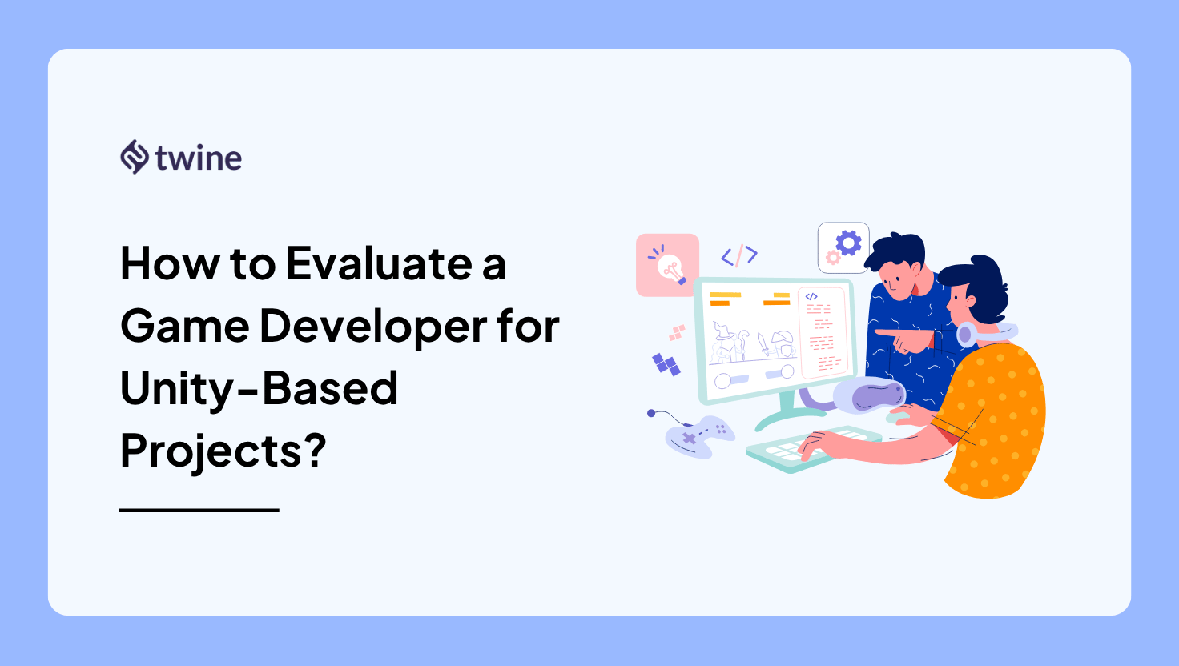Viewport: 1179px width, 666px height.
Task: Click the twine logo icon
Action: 135,157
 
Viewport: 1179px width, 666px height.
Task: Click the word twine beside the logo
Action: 199,158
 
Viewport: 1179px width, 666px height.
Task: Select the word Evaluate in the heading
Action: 379,264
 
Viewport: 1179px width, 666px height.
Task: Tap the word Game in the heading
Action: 184,327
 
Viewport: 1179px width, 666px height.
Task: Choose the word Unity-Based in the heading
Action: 259,389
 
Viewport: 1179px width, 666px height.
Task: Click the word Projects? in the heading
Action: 223,451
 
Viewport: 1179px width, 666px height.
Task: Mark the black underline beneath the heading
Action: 199,510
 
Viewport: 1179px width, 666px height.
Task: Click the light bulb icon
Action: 670,267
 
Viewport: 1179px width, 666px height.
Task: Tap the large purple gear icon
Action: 848,242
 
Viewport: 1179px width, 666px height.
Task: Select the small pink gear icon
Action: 833,258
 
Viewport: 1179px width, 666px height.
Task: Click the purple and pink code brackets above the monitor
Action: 739,255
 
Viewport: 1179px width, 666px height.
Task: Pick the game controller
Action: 700,436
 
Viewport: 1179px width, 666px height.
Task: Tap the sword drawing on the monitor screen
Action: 763,346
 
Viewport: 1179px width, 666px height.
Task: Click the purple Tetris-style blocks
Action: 666,364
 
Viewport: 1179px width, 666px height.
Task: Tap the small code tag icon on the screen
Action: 811,297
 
